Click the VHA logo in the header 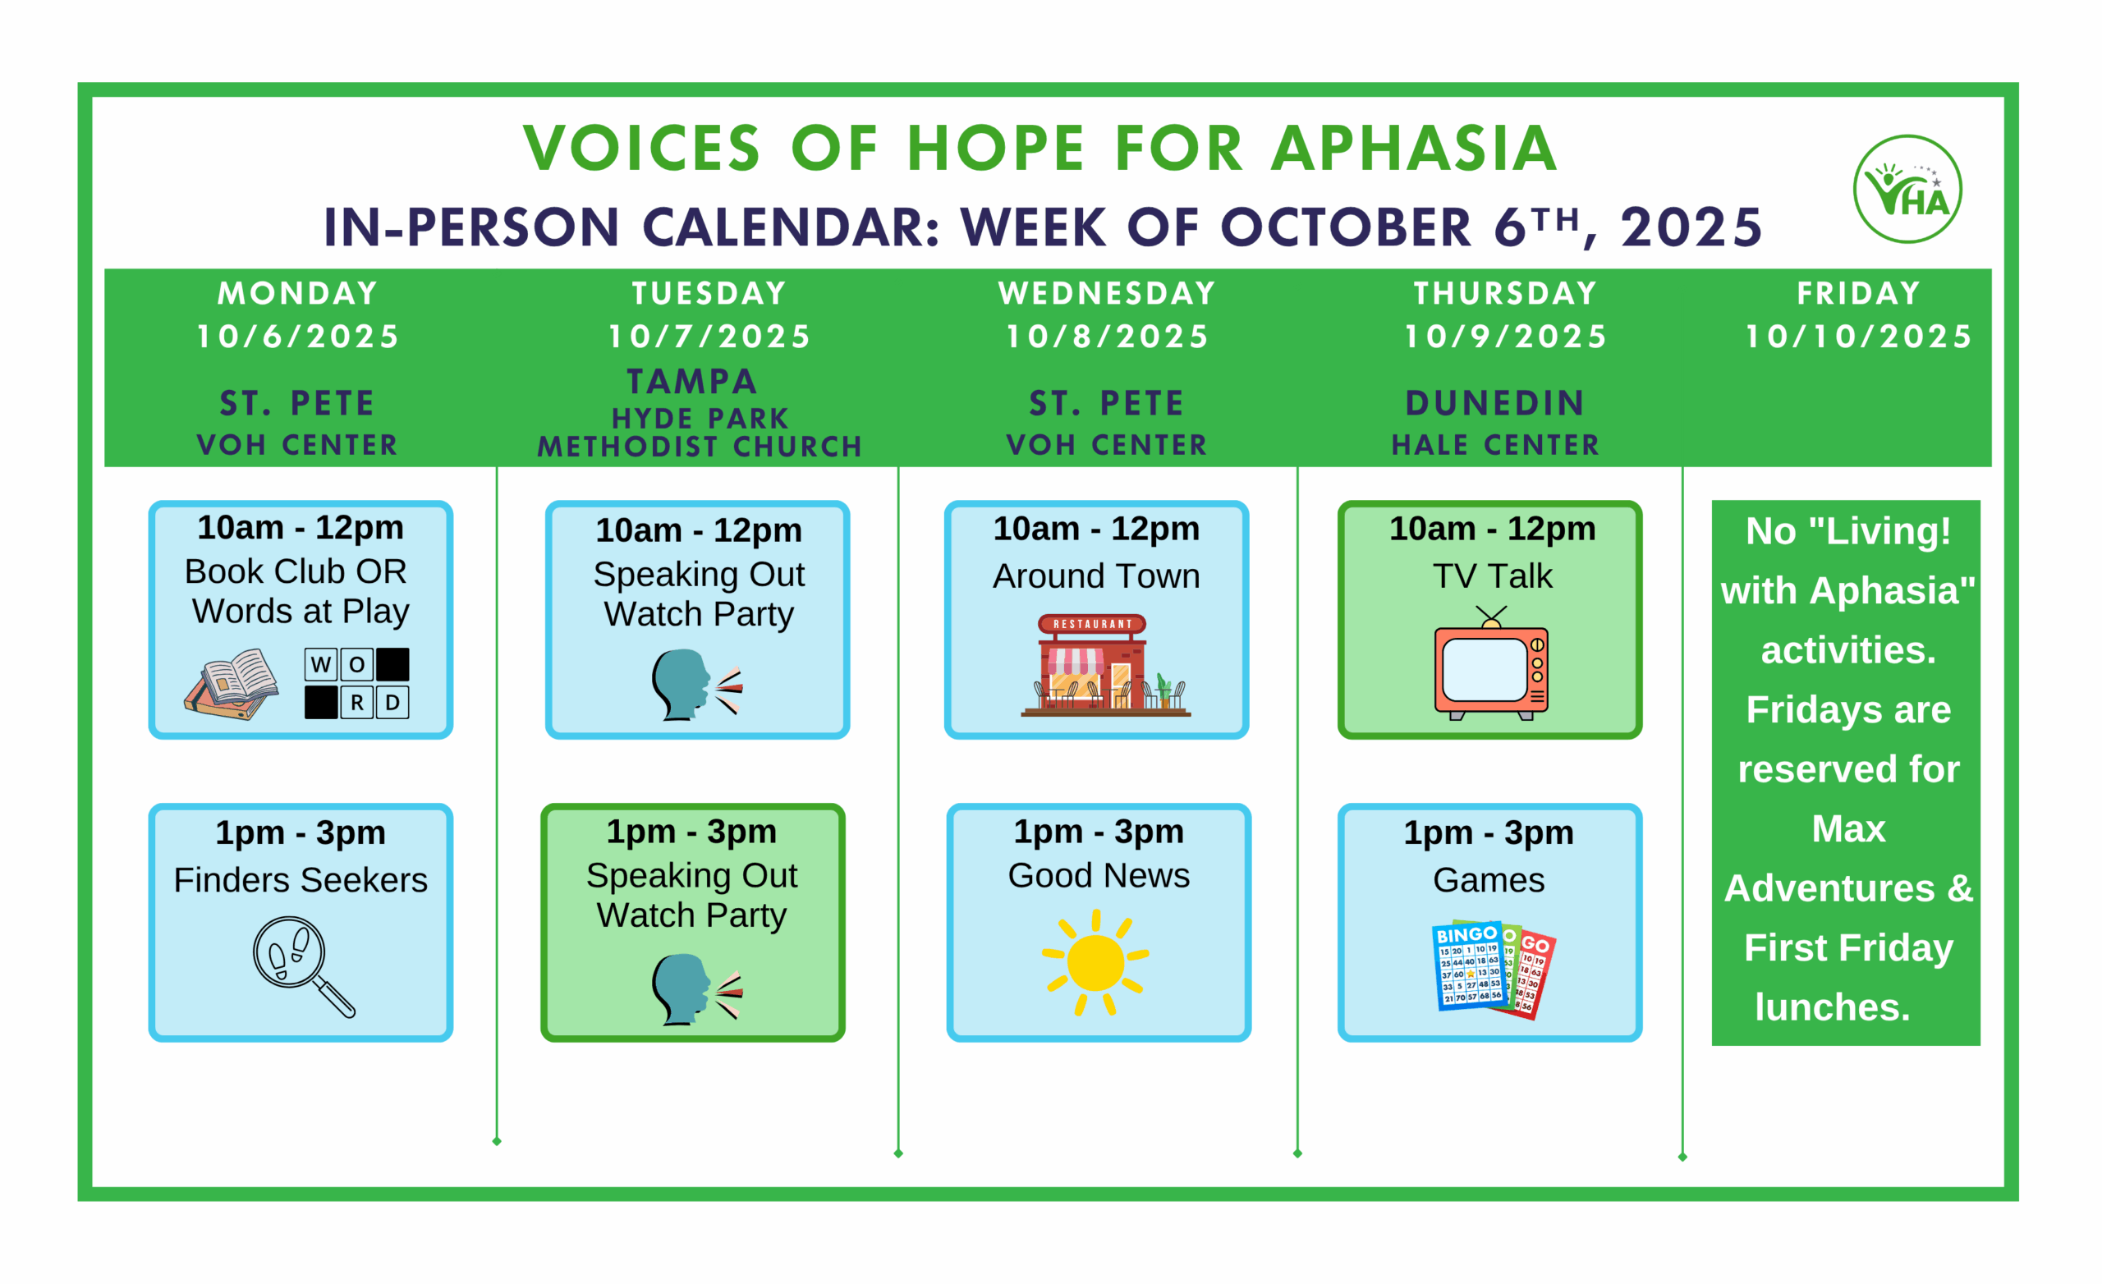point(1907,189)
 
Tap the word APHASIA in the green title point(1415,149)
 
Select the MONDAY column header point(298,293)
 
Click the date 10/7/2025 point(709,336)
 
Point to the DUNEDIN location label point(1494,403)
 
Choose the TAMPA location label point(692,382)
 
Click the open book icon point(232,684)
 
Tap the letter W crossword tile point(321,663)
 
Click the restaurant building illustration point(1104,665)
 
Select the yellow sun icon point(1095,962)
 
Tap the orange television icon point(1490,663)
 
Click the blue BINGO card point(1467,965)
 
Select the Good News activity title point(1098,875)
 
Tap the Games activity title point(1489,879)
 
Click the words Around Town point(1096,576)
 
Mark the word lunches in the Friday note point(1832,1007)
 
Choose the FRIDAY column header point(1859,293)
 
